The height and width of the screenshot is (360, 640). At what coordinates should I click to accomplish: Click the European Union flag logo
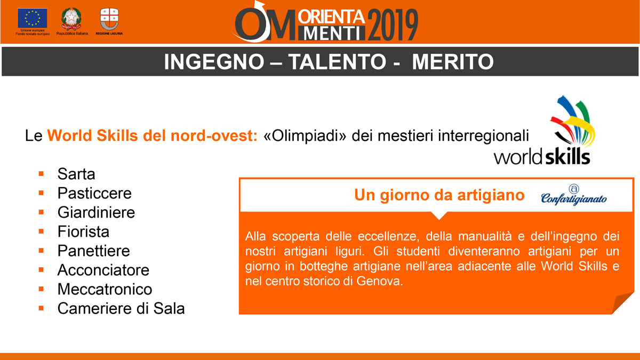33,18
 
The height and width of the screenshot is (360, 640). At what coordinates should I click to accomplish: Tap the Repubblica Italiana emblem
71,19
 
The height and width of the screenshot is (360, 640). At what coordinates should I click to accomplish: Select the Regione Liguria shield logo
109,19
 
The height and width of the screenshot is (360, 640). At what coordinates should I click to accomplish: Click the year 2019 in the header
393,25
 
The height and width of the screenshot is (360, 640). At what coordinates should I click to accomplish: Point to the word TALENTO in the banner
337,62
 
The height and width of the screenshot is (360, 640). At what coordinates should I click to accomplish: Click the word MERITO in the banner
453,62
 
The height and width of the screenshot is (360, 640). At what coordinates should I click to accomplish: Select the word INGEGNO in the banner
214,62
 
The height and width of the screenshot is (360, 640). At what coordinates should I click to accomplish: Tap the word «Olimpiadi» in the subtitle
305,135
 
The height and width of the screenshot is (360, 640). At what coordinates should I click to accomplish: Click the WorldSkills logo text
542,157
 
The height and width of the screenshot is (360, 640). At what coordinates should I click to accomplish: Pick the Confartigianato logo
574,195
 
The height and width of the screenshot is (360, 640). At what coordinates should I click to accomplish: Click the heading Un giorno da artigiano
439,195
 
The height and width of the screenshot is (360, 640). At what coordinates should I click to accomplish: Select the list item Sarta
76,174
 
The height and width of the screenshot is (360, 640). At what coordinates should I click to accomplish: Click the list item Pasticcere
94,194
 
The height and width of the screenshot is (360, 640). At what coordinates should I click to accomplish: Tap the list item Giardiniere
97,213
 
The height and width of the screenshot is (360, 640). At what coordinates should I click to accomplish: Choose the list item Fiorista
83,231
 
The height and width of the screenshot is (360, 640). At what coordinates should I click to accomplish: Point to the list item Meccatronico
105,290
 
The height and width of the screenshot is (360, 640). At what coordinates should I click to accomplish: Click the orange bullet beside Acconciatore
41,270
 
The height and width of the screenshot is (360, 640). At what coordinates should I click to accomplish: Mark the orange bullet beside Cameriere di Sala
41,308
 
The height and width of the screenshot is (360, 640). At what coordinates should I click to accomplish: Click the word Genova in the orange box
380,281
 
